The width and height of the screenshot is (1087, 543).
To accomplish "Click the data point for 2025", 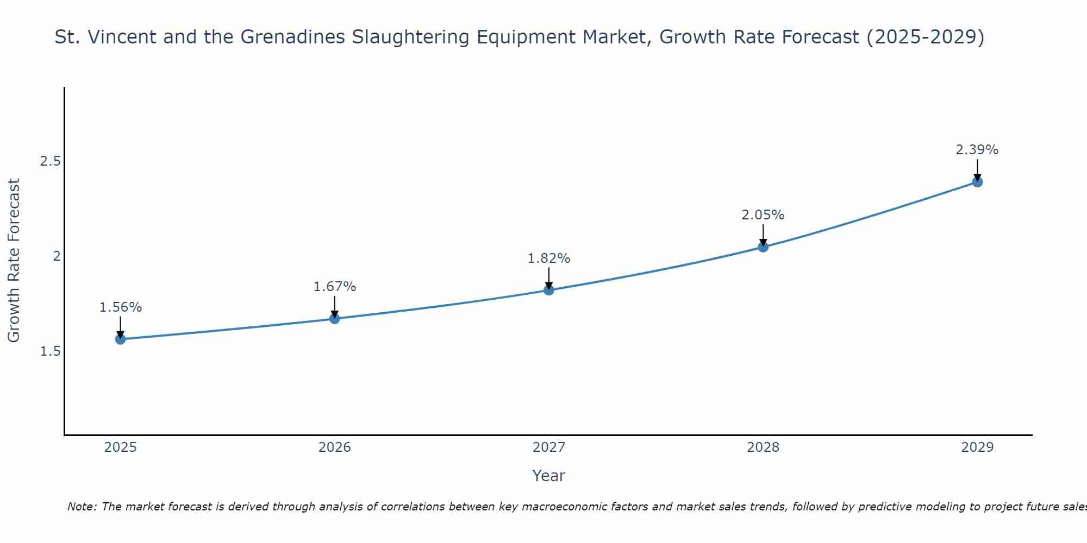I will [x=121, y=339].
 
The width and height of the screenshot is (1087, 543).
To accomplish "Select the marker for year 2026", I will [x=335, y=319].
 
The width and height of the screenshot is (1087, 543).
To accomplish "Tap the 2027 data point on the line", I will [x=549, y=290].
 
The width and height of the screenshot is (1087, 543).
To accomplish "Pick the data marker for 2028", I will [x=763, y=247].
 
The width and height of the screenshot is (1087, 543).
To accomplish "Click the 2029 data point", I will [x=977, y=182].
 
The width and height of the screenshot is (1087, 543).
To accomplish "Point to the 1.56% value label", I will [x=121, y=307].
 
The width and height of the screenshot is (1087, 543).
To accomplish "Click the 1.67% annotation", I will [x=335, y=286].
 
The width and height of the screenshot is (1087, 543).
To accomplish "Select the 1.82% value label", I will [x=549, y=258].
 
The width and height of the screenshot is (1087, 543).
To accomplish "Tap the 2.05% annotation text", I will [x=763, y=215].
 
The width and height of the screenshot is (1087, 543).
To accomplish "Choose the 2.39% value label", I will [x=977, y=150].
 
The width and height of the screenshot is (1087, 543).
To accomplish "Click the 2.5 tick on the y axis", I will [x=51, y=161].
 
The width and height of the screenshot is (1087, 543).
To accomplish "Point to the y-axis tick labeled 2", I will [x=57, y=256].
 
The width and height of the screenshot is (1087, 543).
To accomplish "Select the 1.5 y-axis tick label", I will [x=51, y=351].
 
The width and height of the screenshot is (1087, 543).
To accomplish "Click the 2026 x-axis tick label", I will [x=335, y=447].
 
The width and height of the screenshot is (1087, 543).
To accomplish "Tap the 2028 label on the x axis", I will [x=763, y=447].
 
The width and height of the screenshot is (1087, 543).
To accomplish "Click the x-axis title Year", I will [x=549, y=476].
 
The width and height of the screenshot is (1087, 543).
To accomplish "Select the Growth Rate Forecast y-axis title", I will [x=14, y=261].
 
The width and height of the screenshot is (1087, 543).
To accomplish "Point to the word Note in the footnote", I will [x=82, y=507].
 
